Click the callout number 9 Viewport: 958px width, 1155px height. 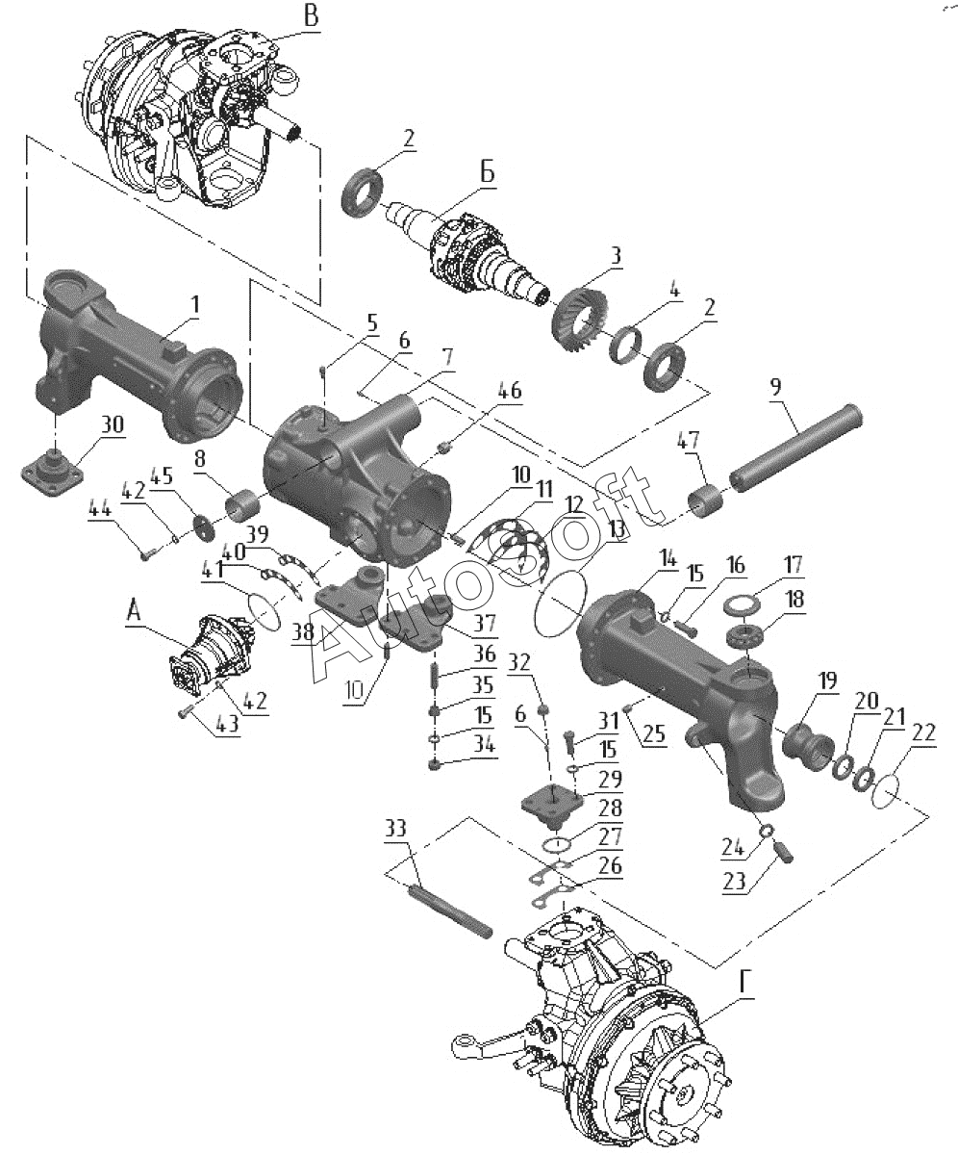(x=776, y=387)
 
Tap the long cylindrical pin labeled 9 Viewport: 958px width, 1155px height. (x=796, y=448)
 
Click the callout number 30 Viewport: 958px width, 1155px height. (x=113, y=424)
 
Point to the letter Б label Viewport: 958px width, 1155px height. (x=487, y=173)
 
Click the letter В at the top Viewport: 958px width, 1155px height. (x=312, y=16)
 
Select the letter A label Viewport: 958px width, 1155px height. (x=135, y=611)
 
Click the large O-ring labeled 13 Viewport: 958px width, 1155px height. (x=560, y=603)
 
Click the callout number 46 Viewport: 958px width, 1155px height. (x=509, y=391)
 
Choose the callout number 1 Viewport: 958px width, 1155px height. (x=195, y=304)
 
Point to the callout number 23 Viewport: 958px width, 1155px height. (x=735, y=881)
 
